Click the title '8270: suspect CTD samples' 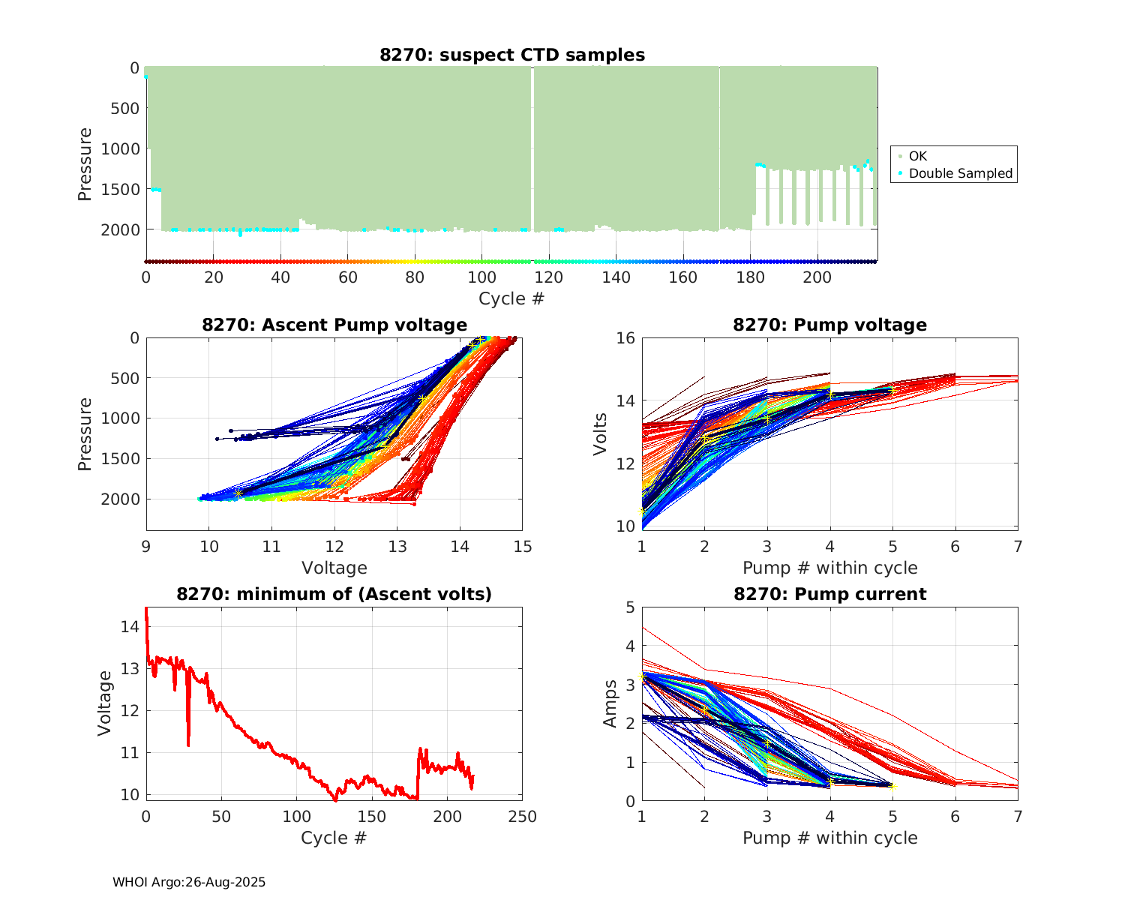[511, 55]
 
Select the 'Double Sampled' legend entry [960, 173]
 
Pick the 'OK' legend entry [917, 156]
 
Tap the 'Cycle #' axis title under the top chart [511, 298]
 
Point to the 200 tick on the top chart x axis [817, 277]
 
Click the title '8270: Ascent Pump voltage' [334, 325]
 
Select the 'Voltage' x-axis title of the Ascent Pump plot [334, 568]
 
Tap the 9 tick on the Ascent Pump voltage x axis [146, 547]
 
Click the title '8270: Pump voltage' [829, 325]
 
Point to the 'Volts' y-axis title [600, 433]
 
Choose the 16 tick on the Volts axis [625, 338]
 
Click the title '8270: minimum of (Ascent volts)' [334, 595]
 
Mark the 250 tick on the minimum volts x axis [523, 817]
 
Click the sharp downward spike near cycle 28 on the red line [188, 742]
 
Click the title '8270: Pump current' [829, 595]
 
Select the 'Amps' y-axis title [610, 703]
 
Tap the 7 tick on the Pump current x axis [1018, 817]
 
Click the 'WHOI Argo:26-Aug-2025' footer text [189, 883]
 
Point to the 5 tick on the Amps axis [630, 607]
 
